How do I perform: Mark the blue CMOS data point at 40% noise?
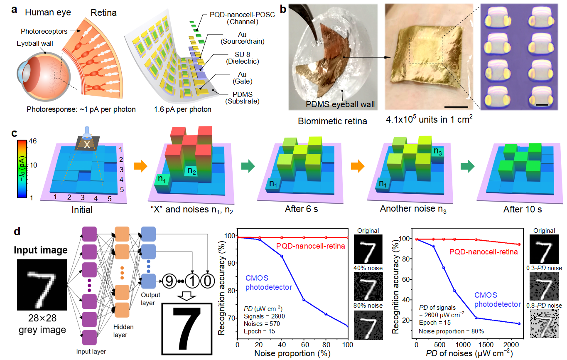click(281, 256)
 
